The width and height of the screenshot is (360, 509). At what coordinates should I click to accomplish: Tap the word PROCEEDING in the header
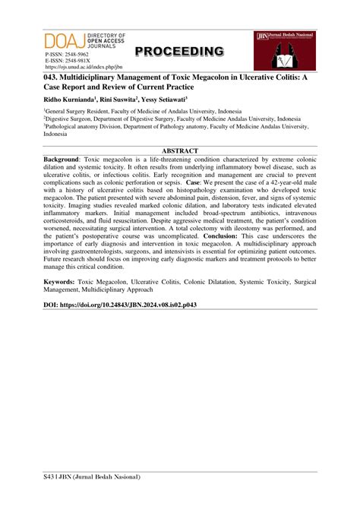click(179, 51)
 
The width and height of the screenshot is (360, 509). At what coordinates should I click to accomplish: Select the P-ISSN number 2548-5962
click(79, 55)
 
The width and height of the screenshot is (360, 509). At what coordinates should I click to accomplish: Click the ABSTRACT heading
click(180, 151)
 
